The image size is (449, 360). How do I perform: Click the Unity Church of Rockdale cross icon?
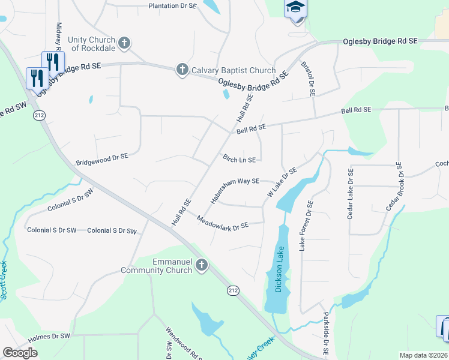point(124,43)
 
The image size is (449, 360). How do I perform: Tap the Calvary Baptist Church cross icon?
point(182,70)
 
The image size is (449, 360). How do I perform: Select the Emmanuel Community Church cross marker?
point(202,265)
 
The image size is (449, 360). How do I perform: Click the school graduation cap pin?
point(295,8)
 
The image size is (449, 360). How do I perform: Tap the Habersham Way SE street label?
point(234,188)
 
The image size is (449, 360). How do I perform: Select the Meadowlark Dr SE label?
point(223,222)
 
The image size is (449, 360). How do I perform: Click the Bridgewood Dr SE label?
point(102,159)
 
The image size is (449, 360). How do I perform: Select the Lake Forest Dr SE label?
point(306,225)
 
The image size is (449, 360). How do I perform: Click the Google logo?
point(20,353)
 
